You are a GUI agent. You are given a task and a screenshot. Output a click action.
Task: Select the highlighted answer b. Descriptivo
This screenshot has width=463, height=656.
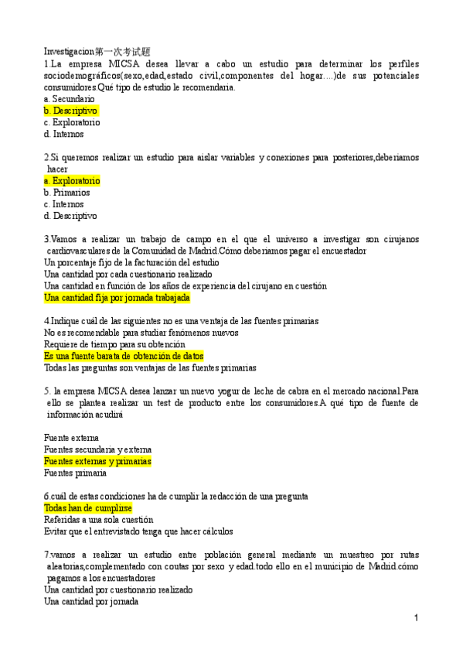point(71,111)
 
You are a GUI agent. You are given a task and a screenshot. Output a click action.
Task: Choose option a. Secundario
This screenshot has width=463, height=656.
point(70,99)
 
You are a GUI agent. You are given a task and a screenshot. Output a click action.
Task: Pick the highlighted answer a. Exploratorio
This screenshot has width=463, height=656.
point(72,180)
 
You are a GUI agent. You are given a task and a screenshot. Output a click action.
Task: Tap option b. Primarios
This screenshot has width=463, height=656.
point(67,192)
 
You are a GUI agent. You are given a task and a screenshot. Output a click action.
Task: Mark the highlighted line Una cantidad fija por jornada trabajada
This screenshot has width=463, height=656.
point(117,297)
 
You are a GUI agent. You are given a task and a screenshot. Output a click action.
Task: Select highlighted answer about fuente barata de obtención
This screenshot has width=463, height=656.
point(124,356)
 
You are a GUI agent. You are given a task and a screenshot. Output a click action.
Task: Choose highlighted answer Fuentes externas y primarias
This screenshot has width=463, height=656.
point(97,461)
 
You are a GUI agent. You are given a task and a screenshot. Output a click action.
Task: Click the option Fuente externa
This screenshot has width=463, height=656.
point(71,438)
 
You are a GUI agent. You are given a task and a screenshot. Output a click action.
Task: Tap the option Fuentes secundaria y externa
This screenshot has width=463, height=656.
point(97,449)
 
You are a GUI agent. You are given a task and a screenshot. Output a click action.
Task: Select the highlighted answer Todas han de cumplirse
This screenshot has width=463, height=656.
point(88,508)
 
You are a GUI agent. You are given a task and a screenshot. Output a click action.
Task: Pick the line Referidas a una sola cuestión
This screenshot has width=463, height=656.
point(98,520)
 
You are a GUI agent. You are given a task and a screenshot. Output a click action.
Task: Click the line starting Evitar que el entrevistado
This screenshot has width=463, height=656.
point(138,531)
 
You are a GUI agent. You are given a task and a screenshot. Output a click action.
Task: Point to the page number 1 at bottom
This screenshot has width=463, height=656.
point(416,618)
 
